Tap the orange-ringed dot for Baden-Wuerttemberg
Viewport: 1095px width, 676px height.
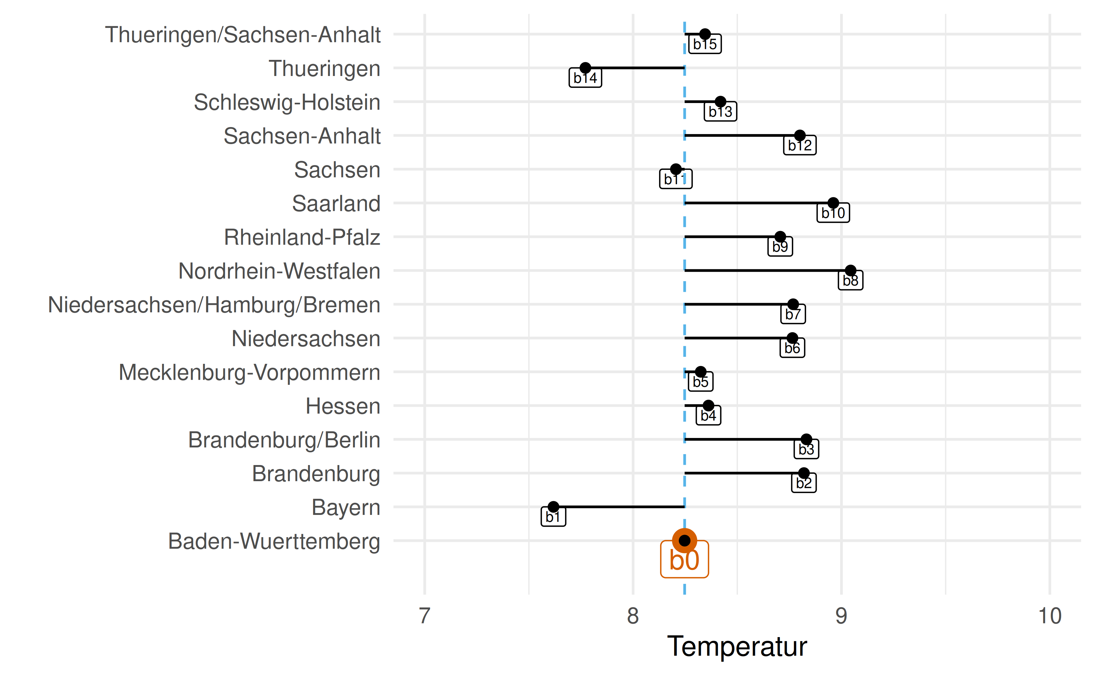[684, 540]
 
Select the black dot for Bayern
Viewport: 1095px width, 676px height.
[553, 507]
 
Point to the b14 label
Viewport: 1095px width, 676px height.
[585, 78]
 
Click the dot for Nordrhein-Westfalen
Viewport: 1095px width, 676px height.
[850, 271]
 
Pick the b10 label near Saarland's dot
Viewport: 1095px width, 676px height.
[833, 213]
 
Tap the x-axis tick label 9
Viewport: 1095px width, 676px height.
[841, 616]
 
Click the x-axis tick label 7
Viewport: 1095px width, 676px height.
[425, 616]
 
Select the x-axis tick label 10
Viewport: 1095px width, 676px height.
[1049, 616]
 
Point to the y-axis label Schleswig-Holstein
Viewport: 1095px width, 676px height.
[287, 102]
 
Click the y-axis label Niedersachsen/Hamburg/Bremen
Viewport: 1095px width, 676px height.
[214, 305]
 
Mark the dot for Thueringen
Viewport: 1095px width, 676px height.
[585, 68]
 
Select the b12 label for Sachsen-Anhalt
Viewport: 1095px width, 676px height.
[800, 145]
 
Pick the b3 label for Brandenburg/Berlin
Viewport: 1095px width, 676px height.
[806, 449]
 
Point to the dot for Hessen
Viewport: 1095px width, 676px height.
[708, 405]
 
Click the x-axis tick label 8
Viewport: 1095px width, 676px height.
[633, 616]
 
